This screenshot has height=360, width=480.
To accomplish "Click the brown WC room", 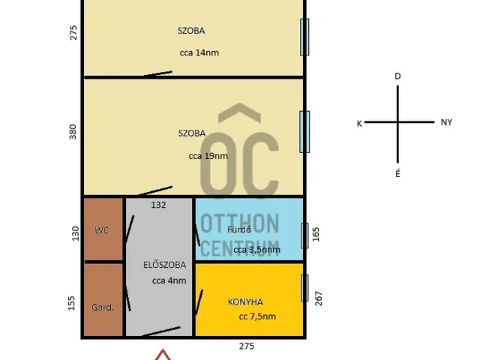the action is pyautogui.click(x=103, y=229).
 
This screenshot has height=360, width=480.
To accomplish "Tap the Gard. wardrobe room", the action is pyautogui.click(x=103, y=300).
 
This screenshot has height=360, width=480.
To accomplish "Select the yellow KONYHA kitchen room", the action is pyautogui.click(x=249, y=300).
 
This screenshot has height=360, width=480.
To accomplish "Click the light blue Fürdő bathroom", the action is pyautogui.click(x=249, y=229).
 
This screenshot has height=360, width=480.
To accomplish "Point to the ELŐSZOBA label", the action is pyautogui.click(x=165, y=265).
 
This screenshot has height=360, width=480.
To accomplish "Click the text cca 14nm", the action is pyautogui.click(x=199, y=52).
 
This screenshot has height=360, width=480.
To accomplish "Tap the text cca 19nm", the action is pyautogui.click(x=208, y=156).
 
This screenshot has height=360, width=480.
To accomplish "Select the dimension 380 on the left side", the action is pyautogui.click(x=73, y=132).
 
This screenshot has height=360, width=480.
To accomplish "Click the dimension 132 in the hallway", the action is pyautogui.click(x=158, y=205).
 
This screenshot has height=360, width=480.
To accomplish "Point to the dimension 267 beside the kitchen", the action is pyautogui.click(x=318, y=298).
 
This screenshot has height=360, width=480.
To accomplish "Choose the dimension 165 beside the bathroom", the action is pyautogui.click(x=316, y=234).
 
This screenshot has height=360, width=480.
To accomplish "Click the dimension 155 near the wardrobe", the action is pyautogui.click(x=71, y=303).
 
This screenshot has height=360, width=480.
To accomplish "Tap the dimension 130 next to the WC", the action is pyautogui.click(x=75, y=233).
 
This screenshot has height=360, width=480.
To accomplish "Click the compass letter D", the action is pyautogui.click(x=397, y=76).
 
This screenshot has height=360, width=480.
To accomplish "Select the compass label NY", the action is pyautogui.click(x=446, y=122).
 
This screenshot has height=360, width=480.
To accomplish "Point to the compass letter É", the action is pyautogui.click(x=397, y=173).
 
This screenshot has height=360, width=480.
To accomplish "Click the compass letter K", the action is pyautogui.click(x=359, y=124).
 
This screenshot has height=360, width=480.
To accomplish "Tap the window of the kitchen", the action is pyautogui.click(x=304, y=288).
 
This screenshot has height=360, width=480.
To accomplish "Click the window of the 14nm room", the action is pyautogui.click(x=304, y=37).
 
